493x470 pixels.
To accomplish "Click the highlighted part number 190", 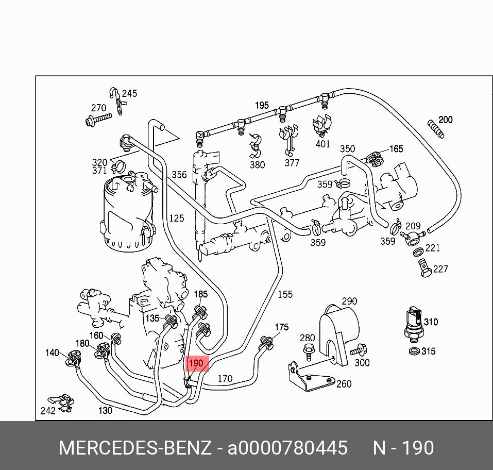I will pos(196,364).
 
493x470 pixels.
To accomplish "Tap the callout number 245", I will pos(129,93).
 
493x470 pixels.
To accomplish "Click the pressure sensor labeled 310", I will pos(414,322).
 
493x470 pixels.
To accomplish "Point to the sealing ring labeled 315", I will pos(413,351).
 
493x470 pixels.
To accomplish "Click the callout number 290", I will pos(349,301).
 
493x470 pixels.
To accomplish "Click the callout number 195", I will pos(262,105).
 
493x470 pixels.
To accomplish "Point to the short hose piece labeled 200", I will pos(435,129).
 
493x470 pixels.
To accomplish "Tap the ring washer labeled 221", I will pos(419,252).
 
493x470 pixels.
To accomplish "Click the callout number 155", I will pos(285,294).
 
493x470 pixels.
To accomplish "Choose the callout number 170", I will pos(225,379).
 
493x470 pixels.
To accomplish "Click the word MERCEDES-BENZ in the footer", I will pos(135,447).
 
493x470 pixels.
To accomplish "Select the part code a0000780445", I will pos(287,447).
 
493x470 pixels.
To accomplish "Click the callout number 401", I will pos(322,144).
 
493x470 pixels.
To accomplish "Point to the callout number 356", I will pos(179,175).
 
